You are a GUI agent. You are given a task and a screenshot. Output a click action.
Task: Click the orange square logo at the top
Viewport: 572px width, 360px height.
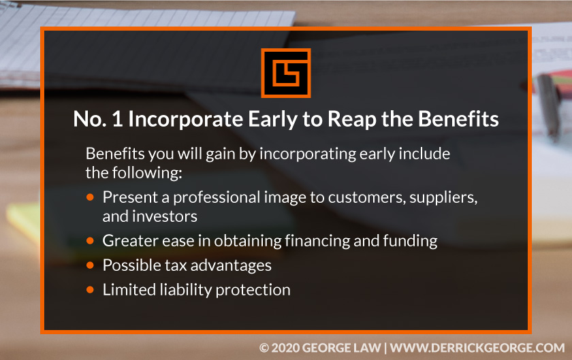[285, 73]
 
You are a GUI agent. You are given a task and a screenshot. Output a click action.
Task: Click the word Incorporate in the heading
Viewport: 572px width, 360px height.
[185, 119]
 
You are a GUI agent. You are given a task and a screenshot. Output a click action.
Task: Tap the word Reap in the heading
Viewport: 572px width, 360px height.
[351, 119]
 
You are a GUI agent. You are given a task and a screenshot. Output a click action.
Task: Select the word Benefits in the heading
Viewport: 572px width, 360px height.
[458, 118]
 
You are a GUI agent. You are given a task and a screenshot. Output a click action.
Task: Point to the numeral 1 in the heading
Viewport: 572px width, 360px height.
[117, 119]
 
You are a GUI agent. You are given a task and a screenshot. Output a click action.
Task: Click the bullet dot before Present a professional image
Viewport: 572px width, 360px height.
[90, 197]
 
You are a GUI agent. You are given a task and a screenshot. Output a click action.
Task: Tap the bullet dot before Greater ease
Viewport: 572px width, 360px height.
[90, 241]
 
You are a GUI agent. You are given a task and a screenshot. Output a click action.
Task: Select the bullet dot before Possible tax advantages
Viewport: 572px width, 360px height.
[90, 265]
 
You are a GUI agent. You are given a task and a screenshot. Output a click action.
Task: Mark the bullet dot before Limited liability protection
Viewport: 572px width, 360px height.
[90, 290]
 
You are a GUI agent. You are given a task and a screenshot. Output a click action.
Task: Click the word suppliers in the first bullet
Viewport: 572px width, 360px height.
[443, 197]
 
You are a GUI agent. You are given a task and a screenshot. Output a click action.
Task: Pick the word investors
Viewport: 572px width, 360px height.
[165, 216]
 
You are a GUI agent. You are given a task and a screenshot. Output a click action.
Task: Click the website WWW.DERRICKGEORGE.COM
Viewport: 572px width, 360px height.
[477, 348]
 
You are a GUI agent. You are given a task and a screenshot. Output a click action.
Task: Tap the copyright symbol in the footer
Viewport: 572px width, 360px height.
[264, 348]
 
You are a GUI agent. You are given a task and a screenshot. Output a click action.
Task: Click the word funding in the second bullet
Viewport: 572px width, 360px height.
[410, 241]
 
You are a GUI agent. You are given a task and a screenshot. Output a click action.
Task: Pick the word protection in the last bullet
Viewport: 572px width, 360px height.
[253, 291]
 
